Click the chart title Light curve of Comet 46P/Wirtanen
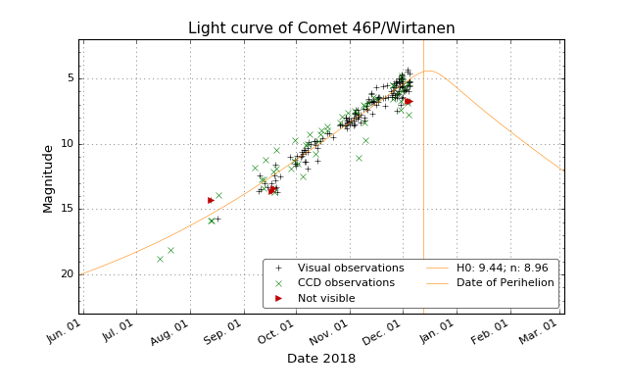321,28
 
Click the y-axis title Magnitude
48,177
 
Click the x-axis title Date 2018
321,359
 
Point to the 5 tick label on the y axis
68,78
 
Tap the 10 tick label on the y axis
65,144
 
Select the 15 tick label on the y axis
65,209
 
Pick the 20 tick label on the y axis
65,274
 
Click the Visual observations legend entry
351,268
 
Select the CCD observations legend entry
346,283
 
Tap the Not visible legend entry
326,298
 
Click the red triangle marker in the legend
278,298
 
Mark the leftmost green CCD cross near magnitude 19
160,259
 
